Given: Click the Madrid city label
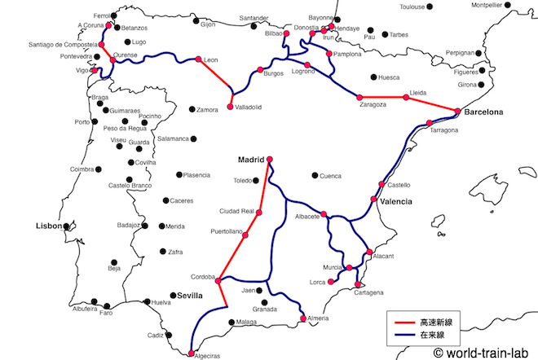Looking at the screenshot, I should point(251,160).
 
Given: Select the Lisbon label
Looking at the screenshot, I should point(48,226).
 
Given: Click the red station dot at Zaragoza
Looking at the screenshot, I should point(360,97).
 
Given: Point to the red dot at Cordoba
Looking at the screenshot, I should point(218,279).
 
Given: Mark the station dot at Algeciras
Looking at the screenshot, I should point(190,353).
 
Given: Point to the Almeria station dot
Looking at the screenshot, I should point(304,318).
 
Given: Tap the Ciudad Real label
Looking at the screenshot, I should point(234,213).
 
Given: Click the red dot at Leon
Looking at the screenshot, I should point(198,59).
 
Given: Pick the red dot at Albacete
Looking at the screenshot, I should point(324,214).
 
